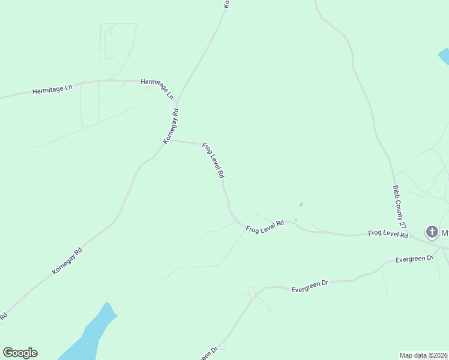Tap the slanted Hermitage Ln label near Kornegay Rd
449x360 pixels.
click(x=157, y=88)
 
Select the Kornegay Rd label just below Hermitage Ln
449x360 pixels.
click(x=171, y=126)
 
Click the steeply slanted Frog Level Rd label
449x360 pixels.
click(x=213, y=160)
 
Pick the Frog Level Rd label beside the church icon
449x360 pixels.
click(x=388, y=234)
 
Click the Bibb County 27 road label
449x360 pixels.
click(x=400, y=206)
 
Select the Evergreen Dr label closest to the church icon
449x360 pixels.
click(x=414, y=259)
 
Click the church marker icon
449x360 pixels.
click(x=432, y=232)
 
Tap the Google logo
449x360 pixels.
click(x=20, y=353)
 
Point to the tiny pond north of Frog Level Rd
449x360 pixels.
click(x=301, y=204)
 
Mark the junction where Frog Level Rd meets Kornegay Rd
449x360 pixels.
click(x=172, y=141)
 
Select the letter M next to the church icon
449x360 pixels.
click(x=445, y=232)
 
